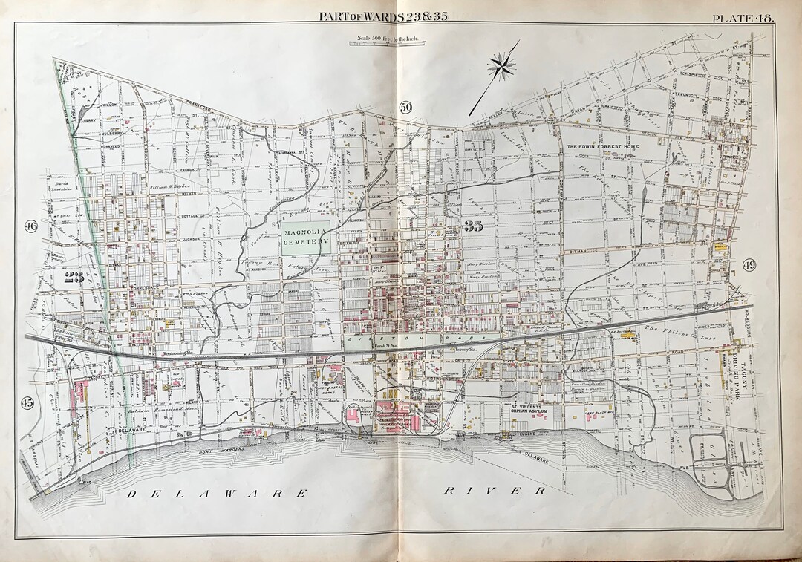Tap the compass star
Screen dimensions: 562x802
(502, 68)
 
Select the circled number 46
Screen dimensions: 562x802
(30, 226)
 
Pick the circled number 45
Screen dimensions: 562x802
(27, 403)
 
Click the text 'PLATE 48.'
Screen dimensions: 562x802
(742, 16)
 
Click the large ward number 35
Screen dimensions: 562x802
(473, 227)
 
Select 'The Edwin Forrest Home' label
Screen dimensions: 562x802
(602, 147)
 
